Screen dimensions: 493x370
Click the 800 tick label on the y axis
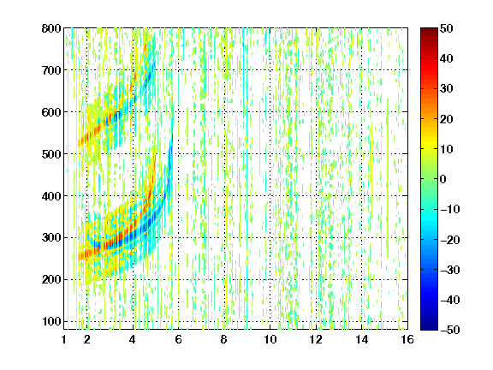[x=51, y=28]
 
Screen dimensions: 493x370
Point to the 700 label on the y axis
[x=51, y=70]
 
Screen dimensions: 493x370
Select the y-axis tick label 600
[x=51, y=112]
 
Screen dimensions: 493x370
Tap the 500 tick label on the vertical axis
[x=51, y=154]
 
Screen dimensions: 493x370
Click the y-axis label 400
[x=51, y=196]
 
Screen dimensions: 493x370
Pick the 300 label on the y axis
[x=51, y=237]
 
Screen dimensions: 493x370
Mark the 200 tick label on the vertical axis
[x=51, y=279]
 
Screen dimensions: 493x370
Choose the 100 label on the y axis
[x=51, y=321]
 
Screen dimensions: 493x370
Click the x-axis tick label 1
[x=64, y=339]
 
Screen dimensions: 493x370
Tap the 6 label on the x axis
[x=178, y=339]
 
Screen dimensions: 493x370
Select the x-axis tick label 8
[x=224, y=339]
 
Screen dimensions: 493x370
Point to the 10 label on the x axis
[x=270, y=339]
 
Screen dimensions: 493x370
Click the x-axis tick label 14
[x=361, y=339]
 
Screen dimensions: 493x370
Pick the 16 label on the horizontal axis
[x=407, y=339]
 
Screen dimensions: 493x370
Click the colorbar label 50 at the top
[x=447, y=28]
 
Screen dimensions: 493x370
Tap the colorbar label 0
[x=443, y=179]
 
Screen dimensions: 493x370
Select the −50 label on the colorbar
[x=450, y=330]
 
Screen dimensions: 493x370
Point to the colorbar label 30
[x=447, y=89]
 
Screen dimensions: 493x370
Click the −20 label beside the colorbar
[x=450, y=240]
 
